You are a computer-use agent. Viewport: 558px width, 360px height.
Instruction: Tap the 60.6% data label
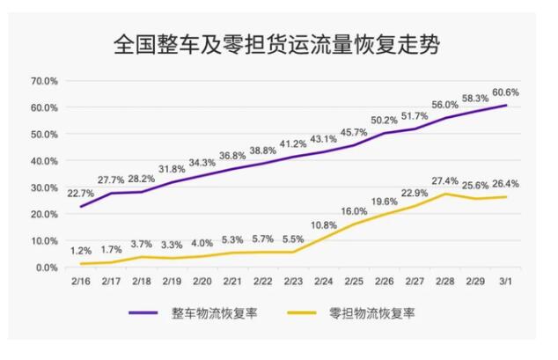coord(504,92)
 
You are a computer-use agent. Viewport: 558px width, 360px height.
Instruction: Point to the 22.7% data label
coord(81,194)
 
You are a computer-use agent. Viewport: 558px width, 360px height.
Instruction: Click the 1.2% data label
coord(81,251)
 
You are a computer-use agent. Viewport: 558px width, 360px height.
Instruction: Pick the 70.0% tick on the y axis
coord(44,81)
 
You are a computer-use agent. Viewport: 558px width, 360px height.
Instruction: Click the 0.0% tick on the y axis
coord(47,268)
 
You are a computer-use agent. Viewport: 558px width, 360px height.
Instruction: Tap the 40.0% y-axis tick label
coord(44,161)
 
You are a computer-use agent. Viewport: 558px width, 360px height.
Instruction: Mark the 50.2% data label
coord(385,120)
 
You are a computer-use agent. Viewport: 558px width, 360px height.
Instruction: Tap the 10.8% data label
coord(325,225)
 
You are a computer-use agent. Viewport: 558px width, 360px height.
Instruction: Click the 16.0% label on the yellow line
coord(355,211)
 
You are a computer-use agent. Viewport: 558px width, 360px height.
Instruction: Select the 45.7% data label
coord(355,132)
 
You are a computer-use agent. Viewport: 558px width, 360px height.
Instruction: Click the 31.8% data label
coord(173,169)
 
